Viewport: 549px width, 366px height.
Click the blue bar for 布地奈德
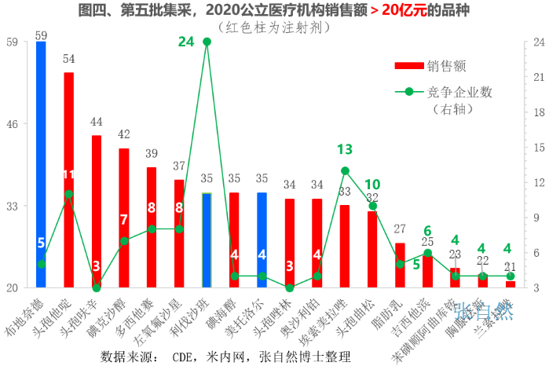[x=41, y=165]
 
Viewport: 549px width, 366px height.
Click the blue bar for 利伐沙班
[x=207, y=240]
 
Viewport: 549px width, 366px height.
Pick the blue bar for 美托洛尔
[x=262, y=240]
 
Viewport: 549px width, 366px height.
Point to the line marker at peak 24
[x=207, y=41]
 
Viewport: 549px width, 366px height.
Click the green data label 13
[x=345, y=148]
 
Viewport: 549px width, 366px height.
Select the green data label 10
[x=372, y=184]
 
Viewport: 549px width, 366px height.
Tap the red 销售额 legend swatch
[x=408, y=65]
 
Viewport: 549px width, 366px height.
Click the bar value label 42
[x=124, y=134]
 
